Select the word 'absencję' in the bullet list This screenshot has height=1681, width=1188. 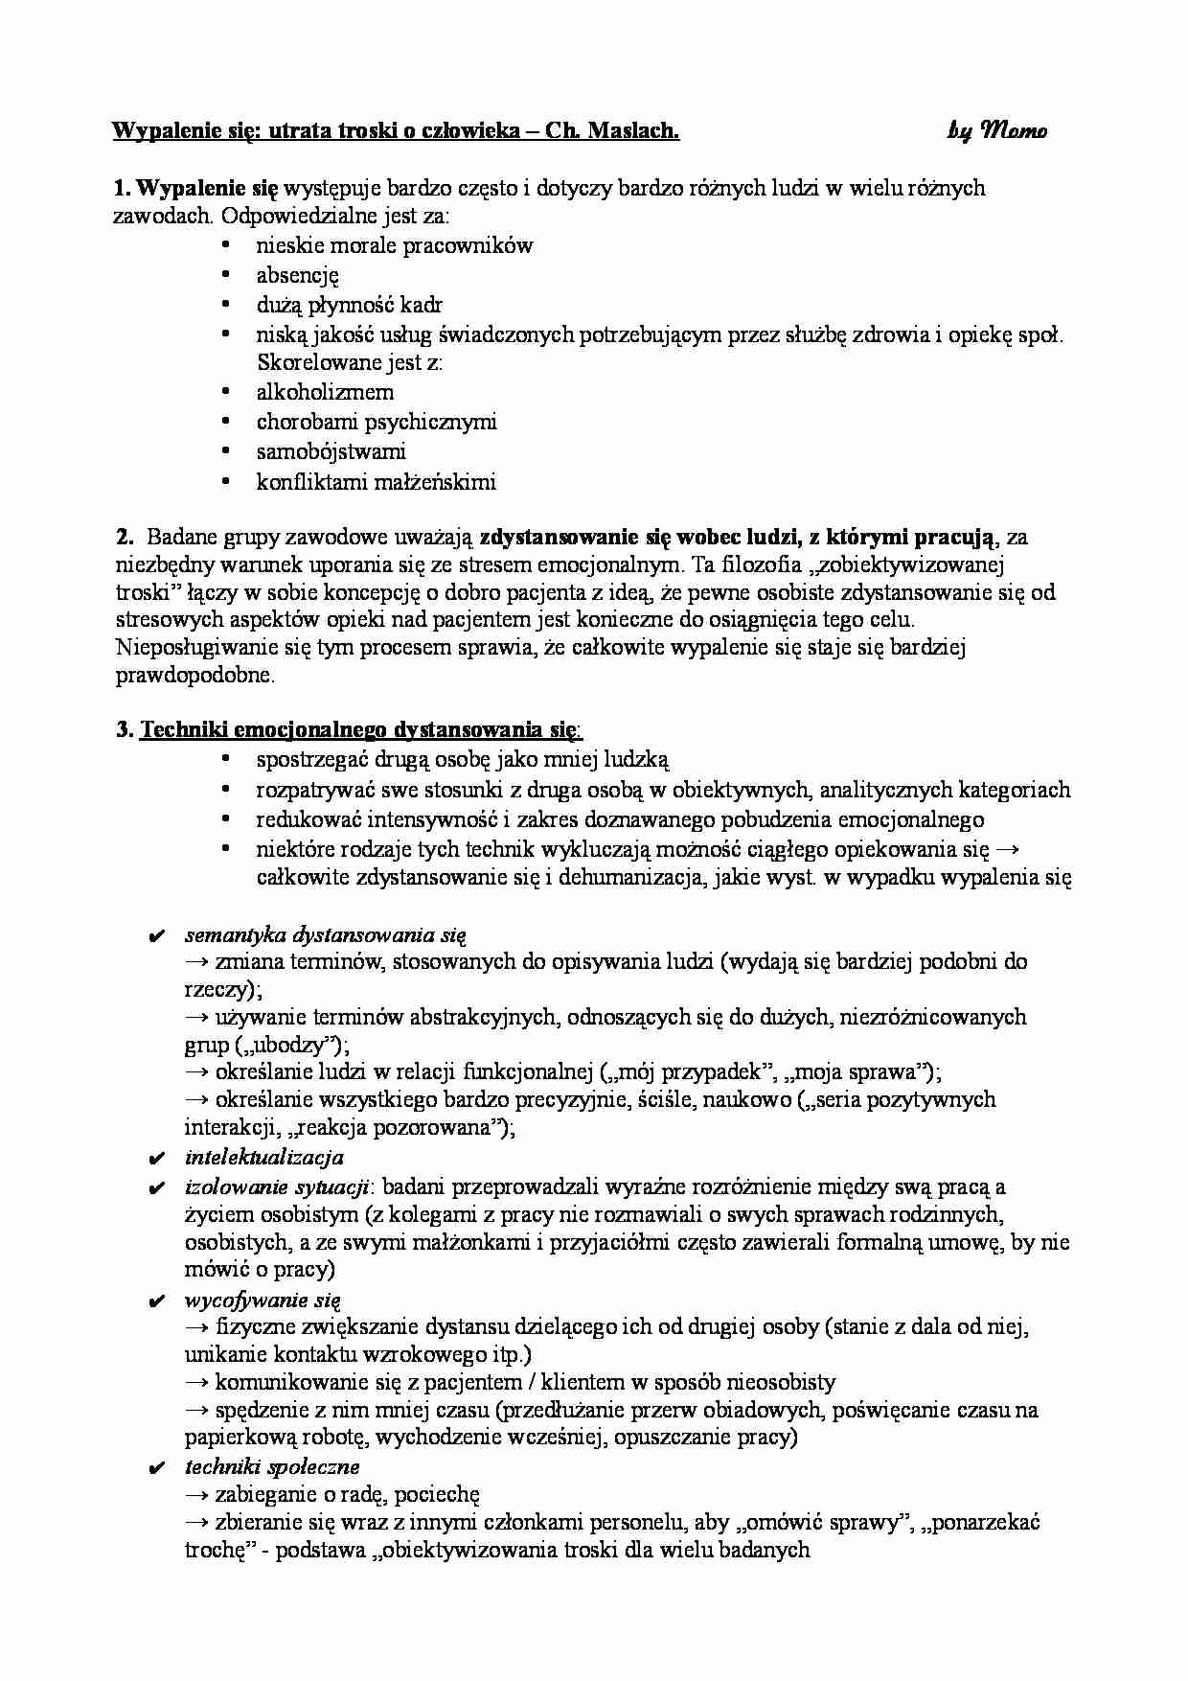coord(297,275)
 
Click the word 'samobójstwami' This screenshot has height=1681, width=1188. coord(331,450)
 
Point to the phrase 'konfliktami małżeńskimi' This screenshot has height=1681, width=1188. coord(376,481)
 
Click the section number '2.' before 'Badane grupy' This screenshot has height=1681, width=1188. coord(123,537)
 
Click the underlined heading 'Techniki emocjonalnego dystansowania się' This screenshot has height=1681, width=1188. coord(359,730)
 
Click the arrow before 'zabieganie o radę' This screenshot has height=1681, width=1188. coord(196,1494)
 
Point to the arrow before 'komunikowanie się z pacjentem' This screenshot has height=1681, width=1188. coord(196,1382)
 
